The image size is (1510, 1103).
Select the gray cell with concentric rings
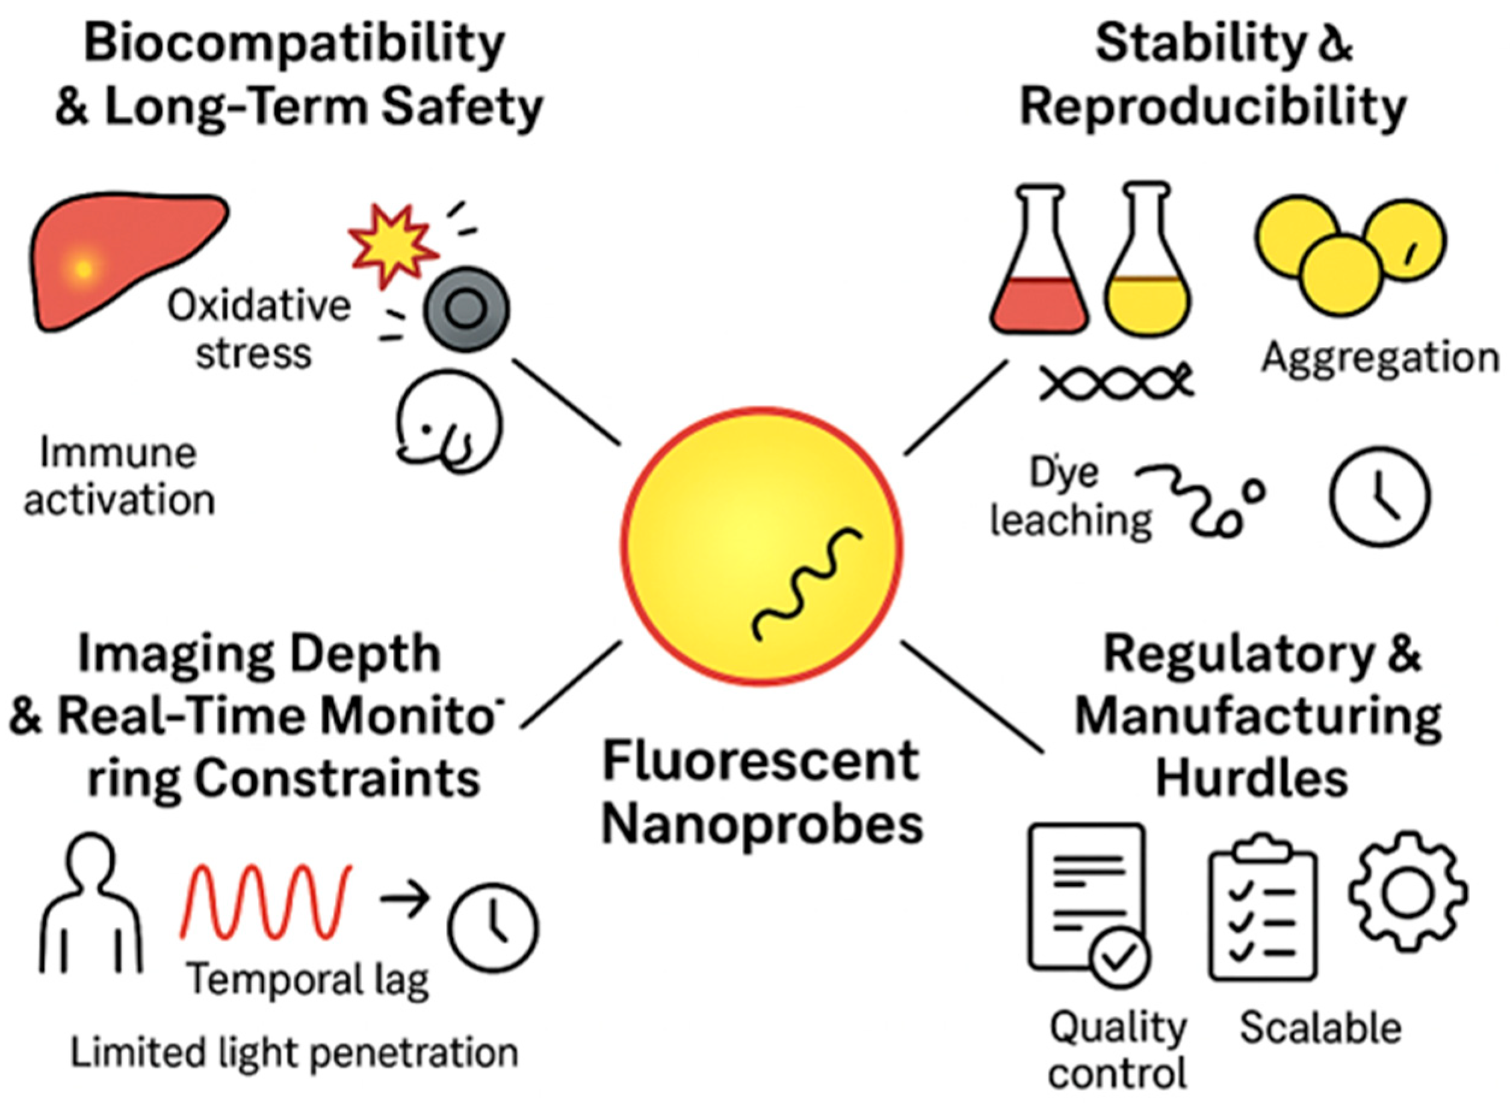[466, 309]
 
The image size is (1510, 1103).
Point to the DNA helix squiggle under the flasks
[1116, 384]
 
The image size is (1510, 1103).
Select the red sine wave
[266, 902]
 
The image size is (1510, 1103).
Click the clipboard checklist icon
[1262, 908]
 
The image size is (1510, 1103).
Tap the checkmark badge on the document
[1119, 958]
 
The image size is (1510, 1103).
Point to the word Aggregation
[1380, 358]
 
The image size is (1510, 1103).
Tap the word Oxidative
[259, 307]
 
